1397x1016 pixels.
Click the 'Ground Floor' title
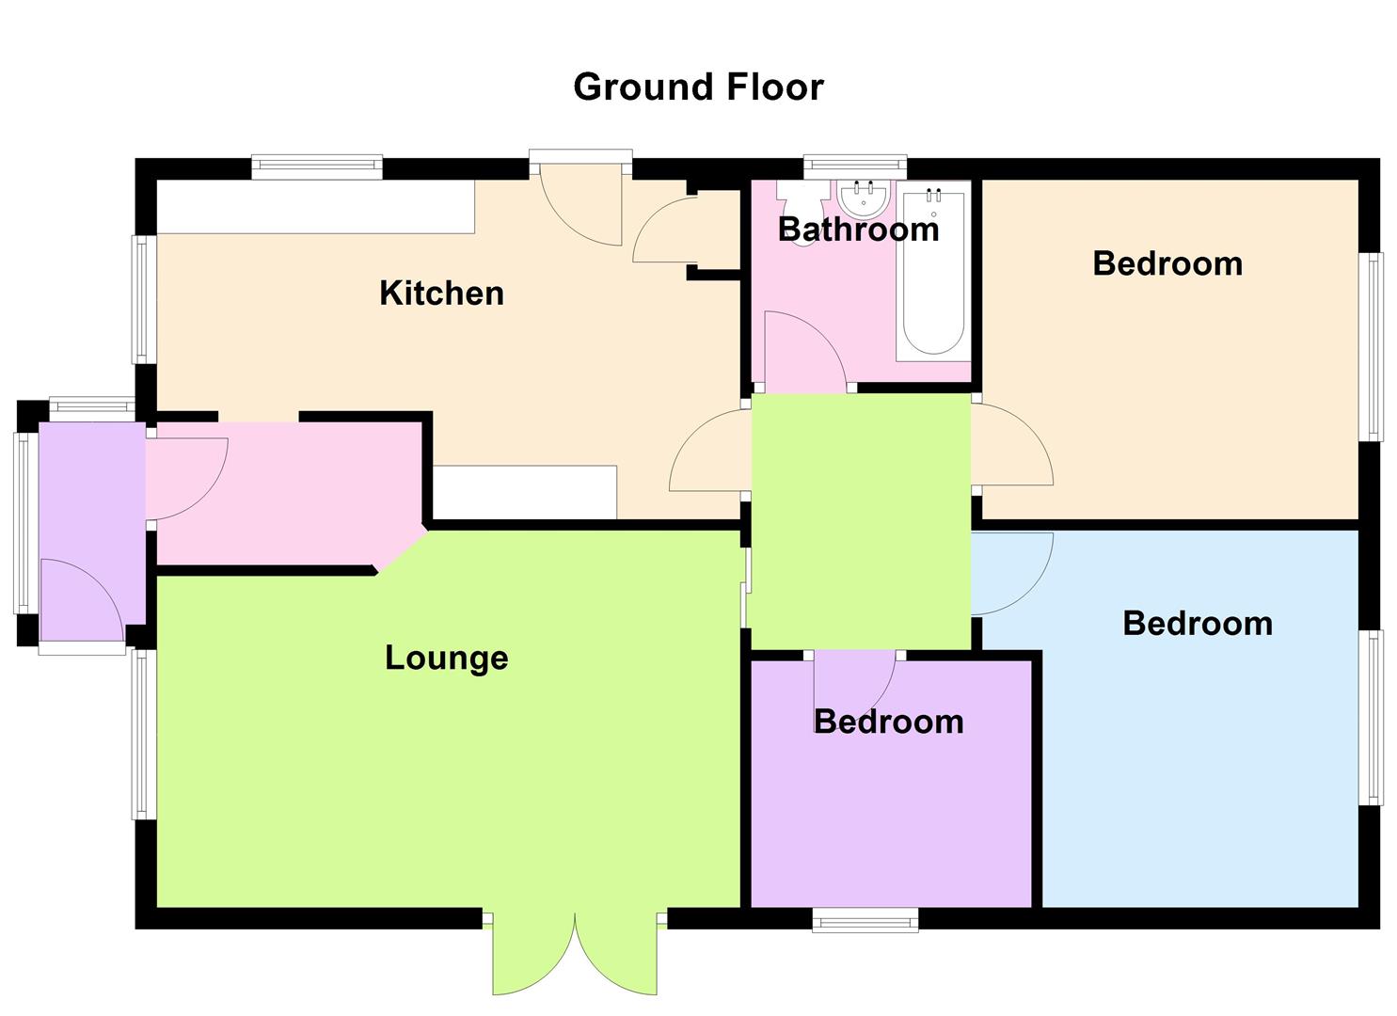[698, 87]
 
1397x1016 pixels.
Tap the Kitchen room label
[441, 294]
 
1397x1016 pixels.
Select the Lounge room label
[446, 658]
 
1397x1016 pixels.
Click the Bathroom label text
[858, 230]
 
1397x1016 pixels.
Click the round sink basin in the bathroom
[864, 199]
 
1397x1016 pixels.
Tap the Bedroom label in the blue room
[1197, 624]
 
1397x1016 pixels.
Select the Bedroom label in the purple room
[888, 722]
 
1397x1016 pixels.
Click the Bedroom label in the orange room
[1167, 263]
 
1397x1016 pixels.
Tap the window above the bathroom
[855, 167]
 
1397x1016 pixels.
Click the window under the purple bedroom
[865, 920]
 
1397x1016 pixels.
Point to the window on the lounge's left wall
[142, 734]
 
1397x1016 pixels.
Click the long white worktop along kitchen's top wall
[315, 206]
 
